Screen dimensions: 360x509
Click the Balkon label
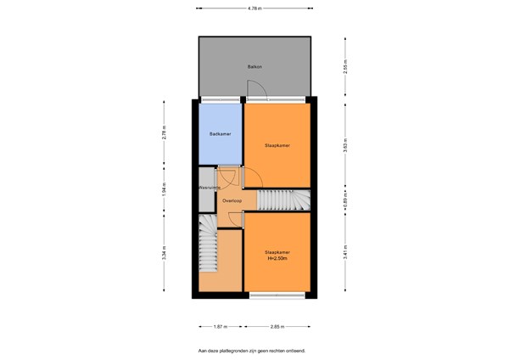tap(254, 65)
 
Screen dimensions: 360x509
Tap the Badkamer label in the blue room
tap(221, 134)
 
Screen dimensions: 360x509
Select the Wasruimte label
tap(210, 187)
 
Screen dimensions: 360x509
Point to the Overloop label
tap(232, 201)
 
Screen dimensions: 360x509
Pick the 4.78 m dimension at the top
tap(255, 8)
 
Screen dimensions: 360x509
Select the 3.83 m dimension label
tap(346, 145)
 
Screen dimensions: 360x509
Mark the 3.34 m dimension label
tap(165, 253)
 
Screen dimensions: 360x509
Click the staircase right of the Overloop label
tap(284, 200)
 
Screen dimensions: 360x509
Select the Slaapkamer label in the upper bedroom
tap(277, 145)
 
